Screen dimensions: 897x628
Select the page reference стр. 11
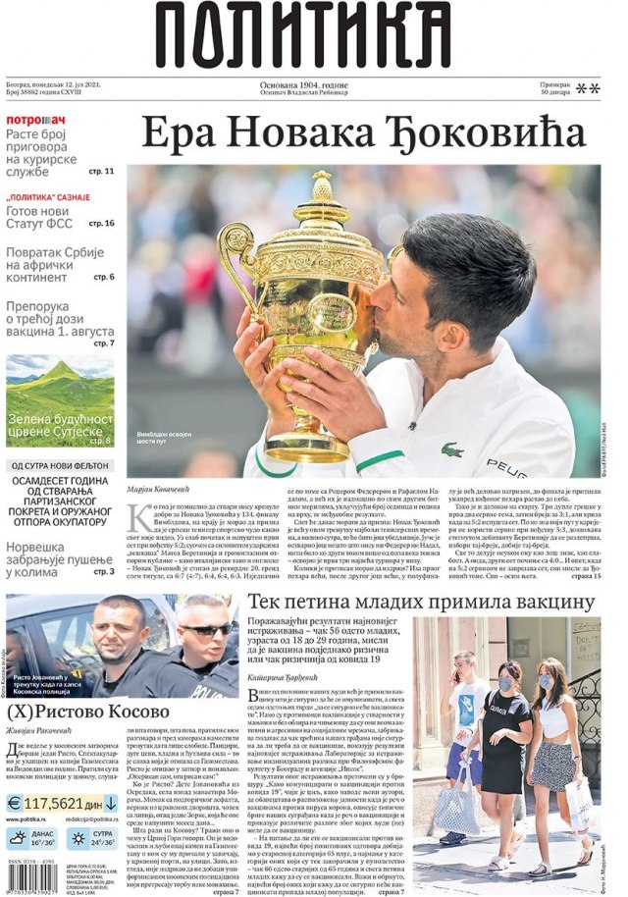101,171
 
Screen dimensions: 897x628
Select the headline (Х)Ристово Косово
88,712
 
